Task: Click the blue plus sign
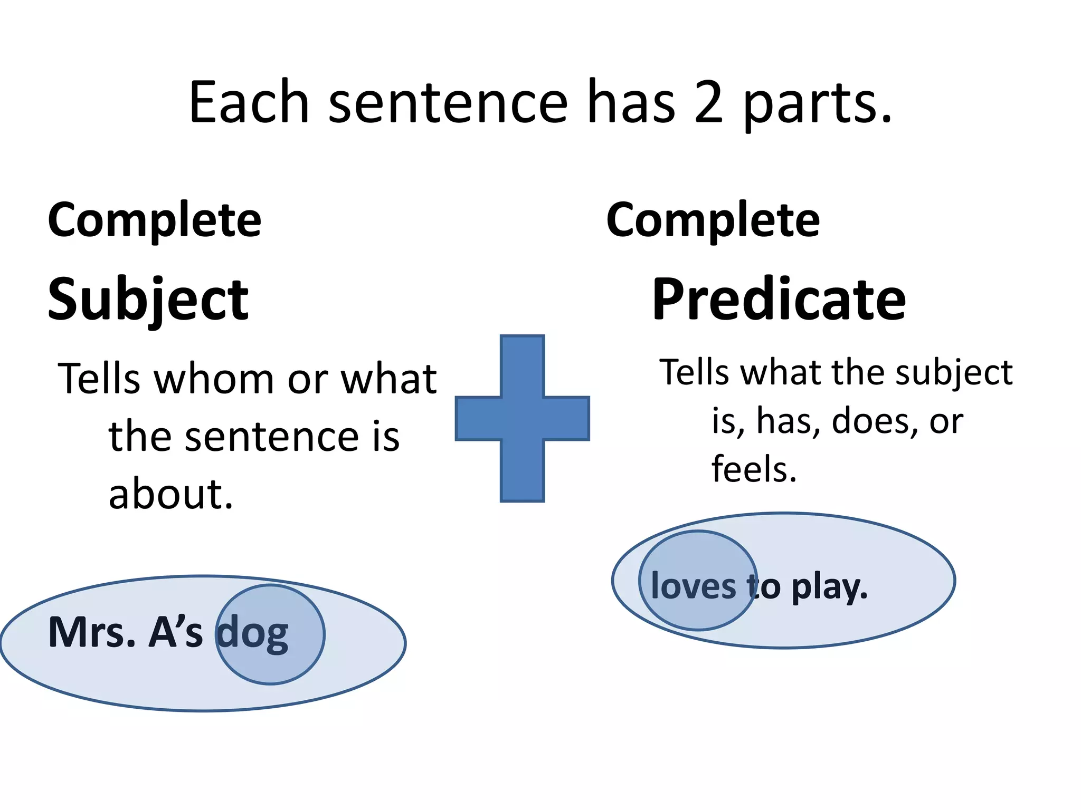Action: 522,418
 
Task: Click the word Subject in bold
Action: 148,300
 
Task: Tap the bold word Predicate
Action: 779,300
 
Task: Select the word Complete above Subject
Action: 155,220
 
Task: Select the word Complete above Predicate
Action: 713,220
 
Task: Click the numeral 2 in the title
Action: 708,102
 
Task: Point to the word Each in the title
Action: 249,102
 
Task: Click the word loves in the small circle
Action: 694,586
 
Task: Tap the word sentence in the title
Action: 448,102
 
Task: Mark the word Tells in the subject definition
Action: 99,379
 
